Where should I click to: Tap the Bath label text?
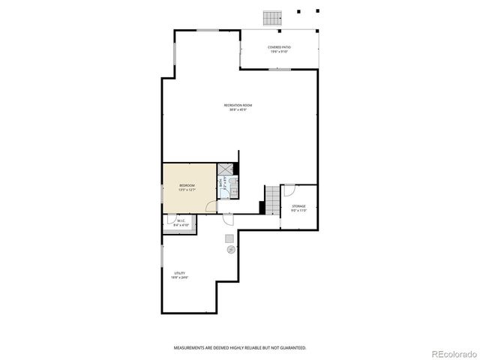pyautogui.click(x=220, y=182)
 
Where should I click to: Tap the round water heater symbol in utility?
pyautogui.click(x=231, y=249)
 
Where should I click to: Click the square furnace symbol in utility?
pyautogui.click(x=229, y=238)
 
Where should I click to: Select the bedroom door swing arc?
pyautogui.click(x=222, y=196)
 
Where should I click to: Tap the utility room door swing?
pyautogui.click(x=227, y=218)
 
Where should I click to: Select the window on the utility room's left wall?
pyautogui.click(x=162, y=256)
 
